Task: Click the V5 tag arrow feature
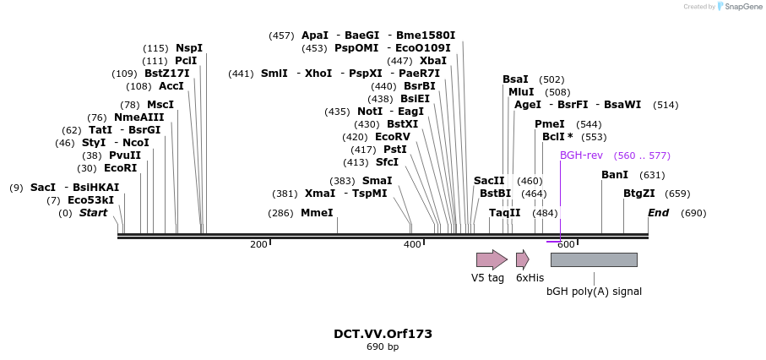coord(491,259)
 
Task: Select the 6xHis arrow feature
coord(522,259)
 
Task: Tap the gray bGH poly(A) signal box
coord(594,259)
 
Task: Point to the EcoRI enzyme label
coord(120,168)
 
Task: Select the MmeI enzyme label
coord(317,213)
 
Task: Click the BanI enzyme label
coord(615,175)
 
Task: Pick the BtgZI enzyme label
coord(639,194)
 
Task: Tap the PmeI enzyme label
coord(550,124)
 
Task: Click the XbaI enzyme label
coord(433,61)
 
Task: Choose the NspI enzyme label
coord(189,48)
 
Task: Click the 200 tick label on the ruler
coord(258,244)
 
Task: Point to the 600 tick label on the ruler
coord(566,244)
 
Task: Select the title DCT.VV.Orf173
coord(383,334)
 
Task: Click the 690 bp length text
coord(383,347)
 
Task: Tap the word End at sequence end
coord(658,213)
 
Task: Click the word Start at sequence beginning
coord(93,213)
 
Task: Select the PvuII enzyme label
coord(124,155)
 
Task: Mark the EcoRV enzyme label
coord(393,137)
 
